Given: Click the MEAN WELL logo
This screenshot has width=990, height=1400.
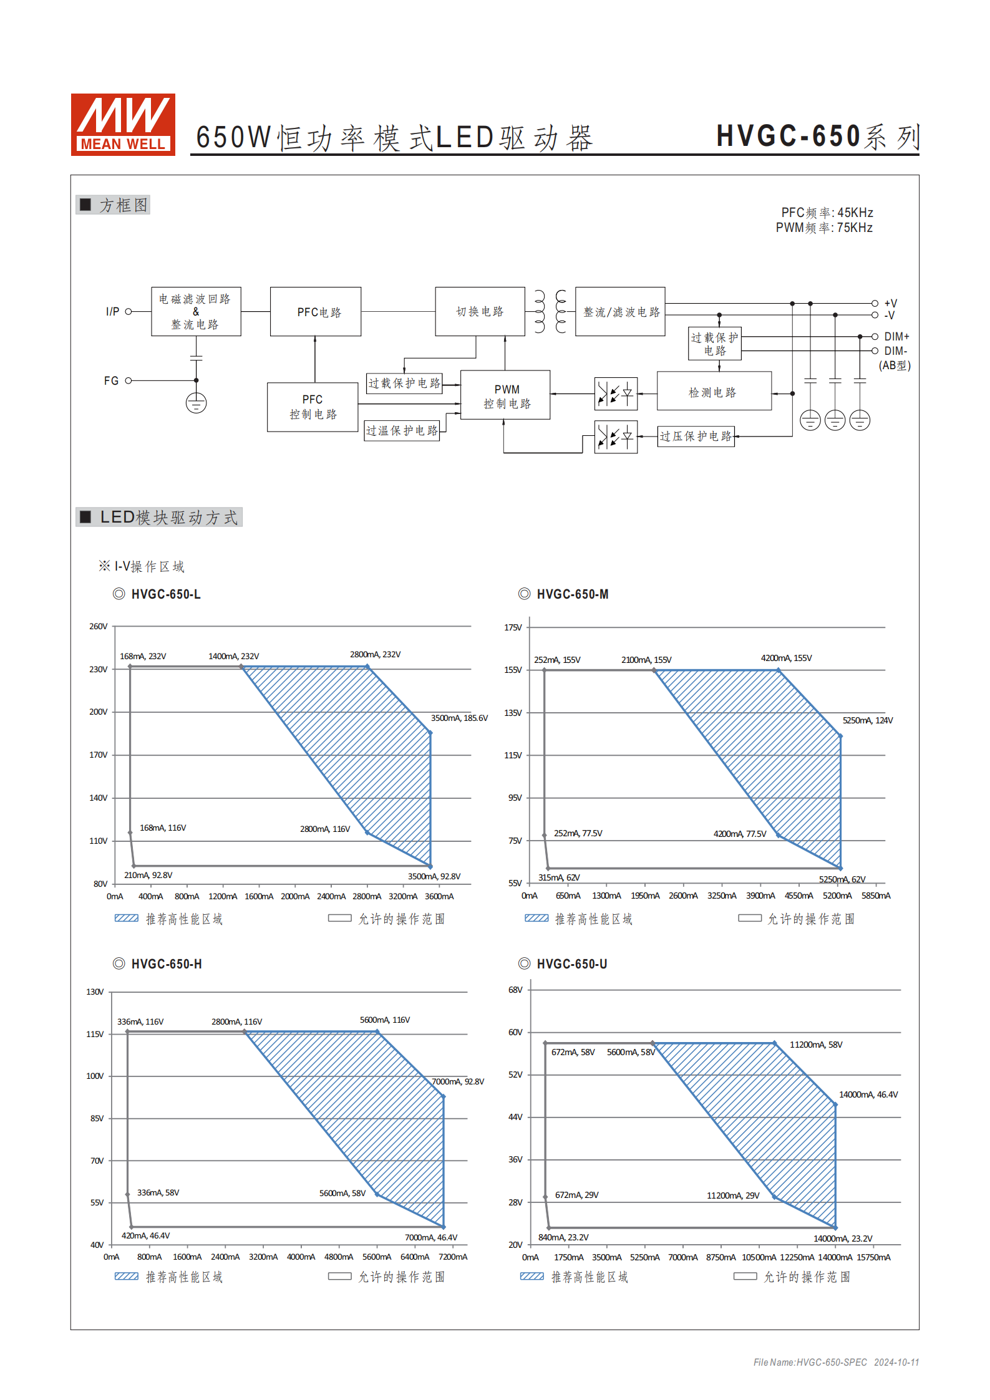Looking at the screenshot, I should click(x=123, y=124).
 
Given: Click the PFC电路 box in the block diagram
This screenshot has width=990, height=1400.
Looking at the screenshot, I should click(x=316, y=312).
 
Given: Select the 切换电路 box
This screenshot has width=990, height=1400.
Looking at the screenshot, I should click(x=480, y=312).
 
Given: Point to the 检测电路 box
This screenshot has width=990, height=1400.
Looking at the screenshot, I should click(x=714, y=392).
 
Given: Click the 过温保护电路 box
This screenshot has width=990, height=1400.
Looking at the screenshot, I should click(x=402, y=431).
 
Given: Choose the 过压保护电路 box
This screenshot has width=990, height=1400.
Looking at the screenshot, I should click(x=696, y=436).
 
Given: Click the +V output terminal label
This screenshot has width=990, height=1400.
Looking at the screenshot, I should click(x=890, y=303).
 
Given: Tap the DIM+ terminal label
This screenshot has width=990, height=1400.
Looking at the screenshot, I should click(x=896, y=336).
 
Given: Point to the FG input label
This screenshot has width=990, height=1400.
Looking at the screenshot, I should click(x=111, y=380).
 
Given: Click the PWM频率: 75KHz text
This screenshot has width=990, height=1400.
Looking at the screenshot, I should click(x=823, y=228).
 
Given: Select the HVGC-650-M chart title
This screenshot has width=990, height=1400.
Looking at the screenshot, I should click(x=572, y=594).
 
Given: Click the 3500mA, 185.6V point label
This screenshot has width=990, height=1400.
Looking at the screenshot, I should click(x=459, y=718).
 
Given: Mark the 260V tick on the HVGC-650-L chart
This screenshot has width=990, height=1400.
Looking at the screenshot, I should click(x=99, y=626).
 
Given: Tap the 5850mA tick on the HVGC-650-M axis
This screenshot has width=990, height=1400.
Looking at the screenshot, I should click(x=876, y=896).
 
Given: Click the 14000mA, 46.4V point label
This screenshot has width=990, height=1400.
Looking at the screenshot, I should click(x=868, y=1094).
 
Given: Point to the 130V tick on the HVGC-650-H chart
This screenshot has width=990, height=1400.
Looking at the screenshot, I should click(x=95, y=992).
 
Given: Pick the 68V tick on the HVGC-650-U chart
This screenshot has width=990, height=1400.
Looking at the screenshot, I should click(x=515, y=990).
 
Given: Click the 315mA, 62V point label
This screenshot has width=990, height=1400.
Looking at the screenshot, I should click(x=559, y=877).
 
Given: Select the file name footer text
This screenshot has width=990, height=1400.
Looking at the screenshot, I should click(x=836, y=1362).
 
